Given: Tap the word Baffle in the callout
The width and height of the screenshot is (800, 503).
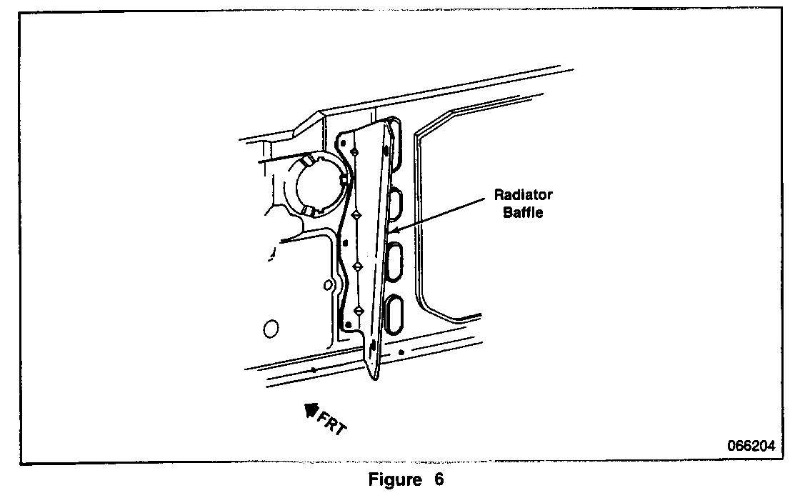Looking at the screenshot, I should (x=524, y=212).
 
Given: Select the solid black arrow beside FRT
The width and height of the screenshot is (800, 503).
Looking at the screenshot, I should (x=311, y=409).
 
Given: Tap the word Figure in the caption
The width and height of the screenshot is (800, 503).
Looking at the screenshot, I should (x=394, y=480).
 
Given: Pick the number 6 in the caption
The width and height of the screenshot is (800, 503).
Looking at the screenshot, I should (x=438, y=480).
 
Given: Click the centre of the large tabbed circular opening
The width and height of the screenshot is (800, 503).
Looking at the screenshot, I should (x=319, y=184).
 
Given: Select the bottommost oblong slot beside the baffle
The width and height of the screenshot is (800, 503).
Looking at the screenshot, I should (x=394, y=315).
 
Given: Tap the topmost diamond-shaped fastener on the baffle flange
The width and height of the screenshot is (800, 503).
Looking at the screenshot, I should (x=355, y=151).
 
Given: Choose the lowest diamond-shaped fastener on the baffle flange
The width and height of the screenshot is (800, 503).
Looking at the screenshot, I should (x=359, y=311).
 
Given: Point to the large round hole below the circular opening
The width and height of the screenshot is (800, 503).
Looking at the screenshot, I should (x=271, y=329).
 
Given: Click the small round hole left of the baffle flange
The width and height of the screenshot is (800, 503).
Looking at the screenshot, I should (x=328, y=284).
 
